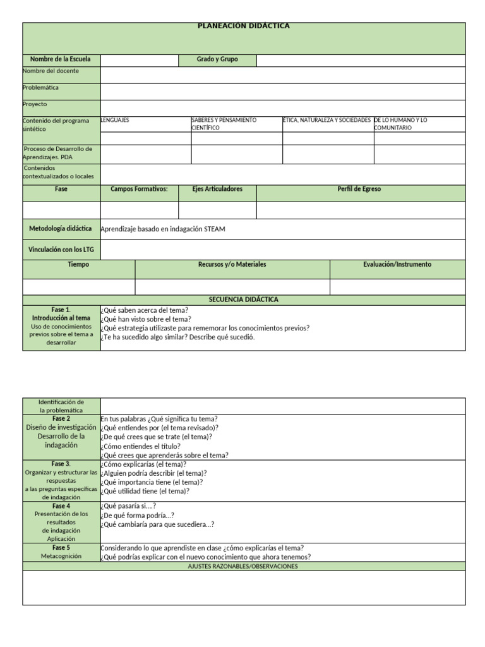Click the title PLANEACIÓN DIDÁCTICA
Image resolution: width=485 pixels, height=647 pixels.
tap(244, 26)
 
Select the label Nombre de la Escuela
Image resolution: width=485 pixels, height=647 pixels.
tap(61, 59)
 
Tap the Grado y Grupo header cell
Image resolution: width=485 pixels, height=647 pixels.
tap(217, 59)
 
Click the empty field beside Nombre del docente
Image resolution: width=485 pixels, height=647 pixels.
tap(282, 75)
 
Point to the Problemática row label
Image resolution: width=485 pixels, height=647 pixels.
tap(42, 88)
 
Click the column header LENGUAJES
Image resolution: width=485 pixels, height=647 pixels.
tap(116, 120)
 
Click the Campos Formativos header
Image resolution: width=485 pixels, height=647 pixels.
tap(139, 189)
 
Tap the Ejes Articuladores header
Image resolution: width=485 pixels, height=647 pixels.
tap(217, 189)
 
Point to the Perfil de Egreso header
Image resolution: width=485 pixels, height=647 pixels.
tap(359, 189)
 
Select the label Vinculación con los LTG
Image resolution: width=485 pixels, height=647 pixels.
tap(61, 250)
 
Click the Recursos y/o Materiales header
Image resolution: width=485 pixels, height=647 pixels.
tap(232, 265)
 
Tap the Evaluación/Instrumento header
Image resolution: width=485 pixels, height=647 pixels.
tap(397, 265)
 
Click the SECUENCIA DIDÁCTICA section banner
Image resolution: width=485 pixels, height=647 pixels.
tap(244, 299)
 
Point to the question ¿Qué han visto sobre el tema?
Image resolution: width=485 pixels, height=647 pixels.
tap(146, 319)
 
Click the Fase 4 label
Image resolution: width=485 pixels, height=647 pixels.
tap(61, 506)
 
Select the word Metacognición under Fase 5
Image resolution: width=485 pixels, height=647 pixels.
tap(61, 557)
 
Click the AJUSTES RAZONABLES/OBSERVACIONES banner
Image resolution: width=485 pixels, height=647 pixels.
tap(244, 566)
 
